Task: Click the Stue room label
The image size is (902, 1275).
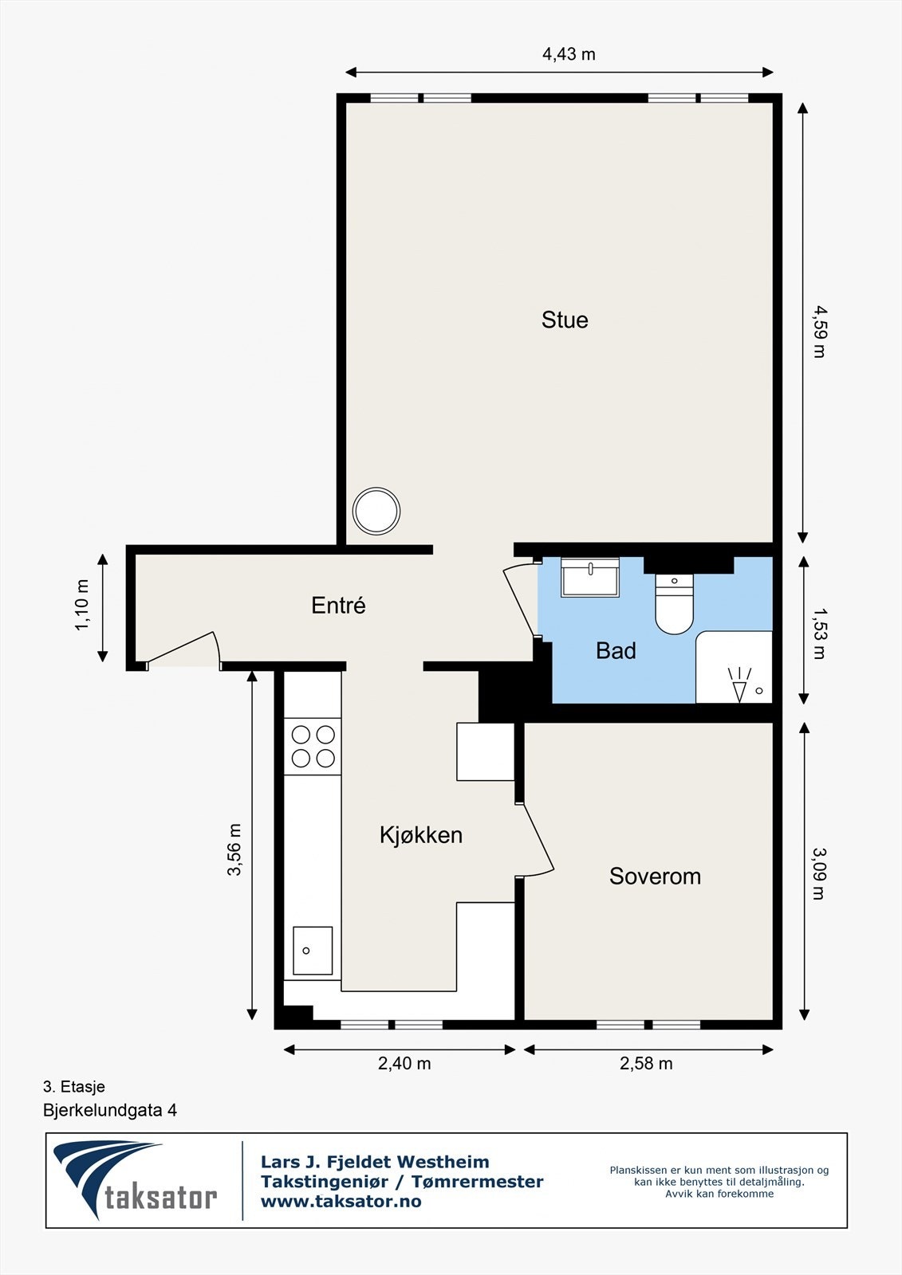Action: click(x=564, y=320)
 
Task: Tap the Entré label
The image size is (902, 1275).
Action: click(x=338, y=605)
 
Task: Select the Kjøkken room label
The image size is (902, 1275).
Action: click(x=421, y=836)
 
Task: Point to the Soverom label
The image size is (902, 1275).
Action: click(x=655, y=876)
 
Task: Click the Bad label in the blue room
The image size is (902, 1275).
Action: click(x=616, y=650)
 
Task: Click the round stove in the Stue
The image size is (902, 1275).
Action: click(x=376, y=511)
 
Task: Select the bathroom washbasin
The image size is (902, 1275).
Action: click(x=589, y=578)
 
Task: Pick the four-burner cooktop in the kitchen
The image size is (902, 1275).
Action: click(x=313, y=746)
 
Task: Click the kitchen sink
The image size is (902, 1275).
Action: click(x=313, y=950)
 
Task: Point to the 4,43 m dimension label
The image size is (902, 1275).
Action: click(x=569, y=54)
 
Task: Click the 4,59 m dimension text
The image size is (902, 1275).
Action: click(x=819, y=331)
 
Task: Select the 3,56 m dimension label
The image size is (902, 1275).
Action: click(x=234, y=849)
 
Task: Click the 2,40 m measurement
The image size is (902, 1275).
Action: click(x=404, y=1063)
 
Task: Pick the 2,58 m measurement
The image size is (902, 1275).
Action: click(x=646, y=1063)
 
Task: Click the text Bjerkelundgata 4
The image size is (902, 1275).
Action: click(x=110, y=1110)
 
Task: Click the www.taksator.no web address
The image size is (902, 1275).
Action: click(x=341, y=1202)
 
